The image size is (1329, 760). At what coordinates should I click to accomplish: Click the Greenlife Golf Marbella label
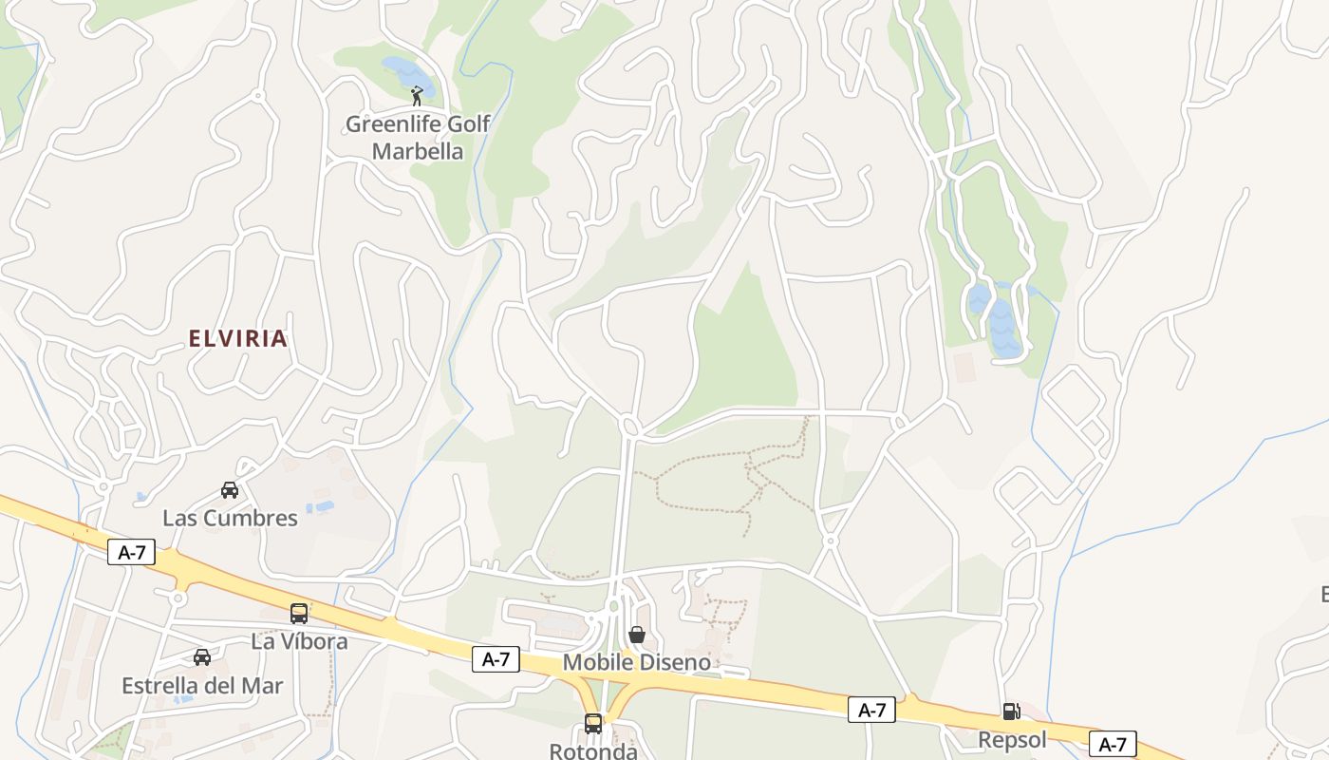(418, 138)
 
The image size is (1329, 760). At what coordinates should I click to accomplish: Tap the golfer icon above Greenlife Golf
(417, 95)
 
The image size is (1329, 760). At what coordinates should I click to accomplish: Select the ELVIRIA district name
(237, 339)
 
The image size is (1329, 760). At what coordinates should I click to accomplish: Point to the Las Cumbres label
(230, 518)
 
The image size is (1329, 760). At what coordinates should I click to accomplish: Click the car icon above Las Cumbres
(230, 490)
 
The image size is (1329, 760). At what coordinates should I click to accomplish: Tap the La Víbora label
(299, 641)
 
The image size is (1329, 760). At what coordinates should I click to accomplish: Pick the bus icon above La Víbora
(299, 614)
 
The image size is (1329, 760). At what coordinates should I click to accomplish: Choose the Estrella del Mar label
(202, 685)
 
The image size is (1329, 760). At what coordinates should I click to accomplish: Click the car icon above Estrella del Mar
(202, 657)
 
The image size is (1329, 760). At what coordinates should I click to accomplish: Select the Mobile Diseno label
(636, 662)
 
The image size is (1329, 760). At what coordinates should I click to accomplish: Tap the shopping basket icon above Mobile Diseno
(637, 635)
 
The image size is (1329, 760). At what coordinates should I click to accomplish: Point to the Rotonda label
(593, 750)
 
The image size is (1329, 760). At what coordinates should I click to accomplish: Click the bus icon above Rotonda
(593, 724)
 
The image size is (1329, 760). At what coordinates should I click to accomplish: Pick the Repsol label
(1012, 739)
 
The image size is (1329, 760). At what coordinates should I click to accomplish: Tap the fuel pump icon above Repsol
(1012, 712)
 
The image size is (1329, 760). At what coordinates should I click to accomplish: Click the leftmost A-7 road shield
(131, 552)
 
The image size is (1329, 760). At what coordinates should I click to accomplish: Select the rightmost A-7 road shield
(1113, 745)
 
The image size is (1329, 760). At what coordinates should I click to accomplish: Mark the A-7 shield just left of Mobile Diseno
(496, 659)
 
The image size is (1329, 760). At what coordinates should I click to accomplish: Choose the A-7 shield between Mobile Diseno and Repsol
(871, 710)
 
